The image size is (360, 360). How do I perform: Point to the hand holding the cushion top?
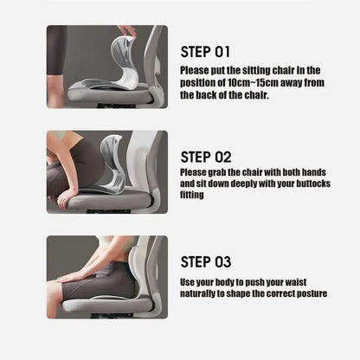(127, 31)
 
